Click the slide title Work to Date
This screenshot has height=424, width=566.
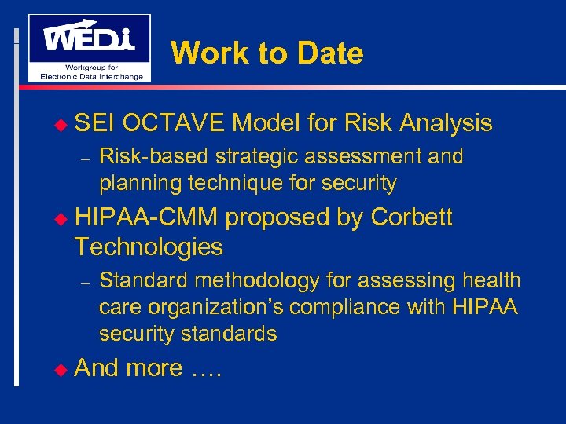click(266, 53)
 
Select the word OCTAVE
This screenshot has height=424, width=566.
click(173, 123)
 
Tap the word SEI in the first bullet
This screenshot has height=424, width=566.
click(95, 123)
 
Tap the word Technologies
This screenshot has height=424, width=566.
click(149, 247)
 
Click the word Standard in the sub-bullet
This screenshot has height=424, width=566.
click(144, 280)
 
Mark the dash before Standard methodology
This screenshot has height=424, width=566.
click(87, 281)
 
